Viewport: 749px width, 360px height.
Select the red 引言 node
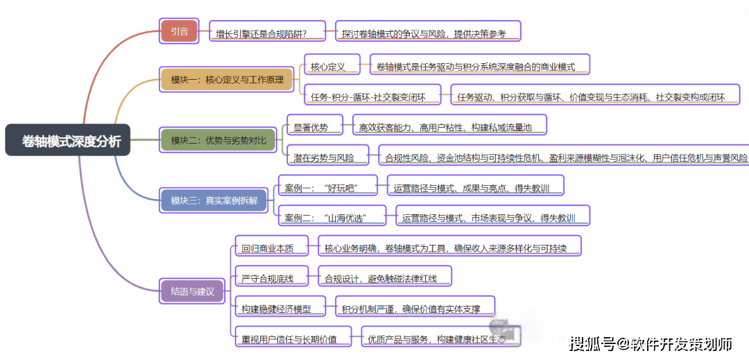[x=179, y=31]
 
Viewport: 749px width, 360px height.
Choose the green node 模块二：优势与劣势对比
[x=218, y=141]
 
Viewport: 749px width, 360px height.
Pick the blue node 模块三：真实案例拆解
[x=214, y=201]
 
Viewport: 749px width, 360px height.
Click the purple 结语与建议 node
[x=192, y=291]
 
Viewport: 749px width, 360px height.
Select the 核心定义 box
[x=331, y=67]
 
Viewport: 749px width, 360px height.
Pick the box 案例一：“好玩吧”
[x=326, y=187]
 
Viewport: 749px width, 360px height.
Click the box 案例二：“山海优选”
[x=331, y=218]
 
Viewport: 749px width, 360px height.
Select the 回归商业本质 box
[x=271, y=248]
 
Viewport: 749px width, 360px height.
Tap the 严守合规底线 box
[x=270, y=278]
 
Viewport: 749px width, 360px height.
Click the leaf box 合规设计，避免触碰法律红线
[x=384, y=278]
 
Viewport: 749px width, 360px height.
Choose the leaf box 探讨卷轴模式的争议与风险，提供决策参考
[x=429, y=32]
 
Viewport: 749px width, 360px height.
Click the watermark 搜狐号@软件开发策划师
[x=651, y=343]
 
